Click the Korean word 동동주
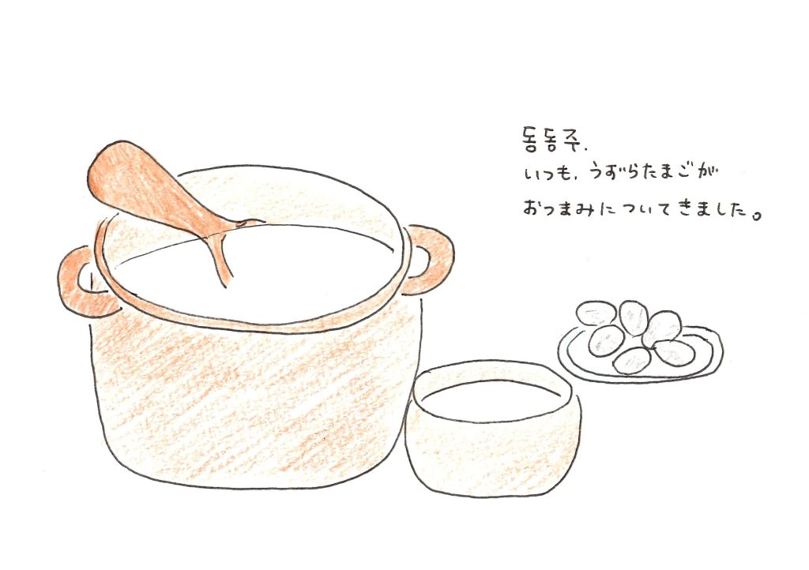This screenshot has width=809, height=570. (551, 140)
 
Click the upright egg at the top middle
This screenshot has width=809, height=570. (633, 317)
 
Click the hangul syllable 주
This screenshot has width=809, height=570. (576, 141)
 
